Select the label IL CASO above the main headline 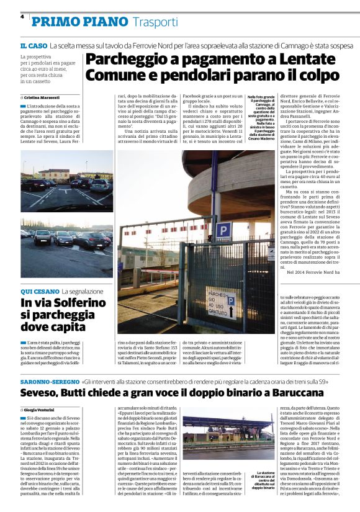click(x=33, y=47)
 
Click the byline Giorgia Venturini click(x=44, y=410)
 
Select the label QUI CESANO click(x=38, y=291)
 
